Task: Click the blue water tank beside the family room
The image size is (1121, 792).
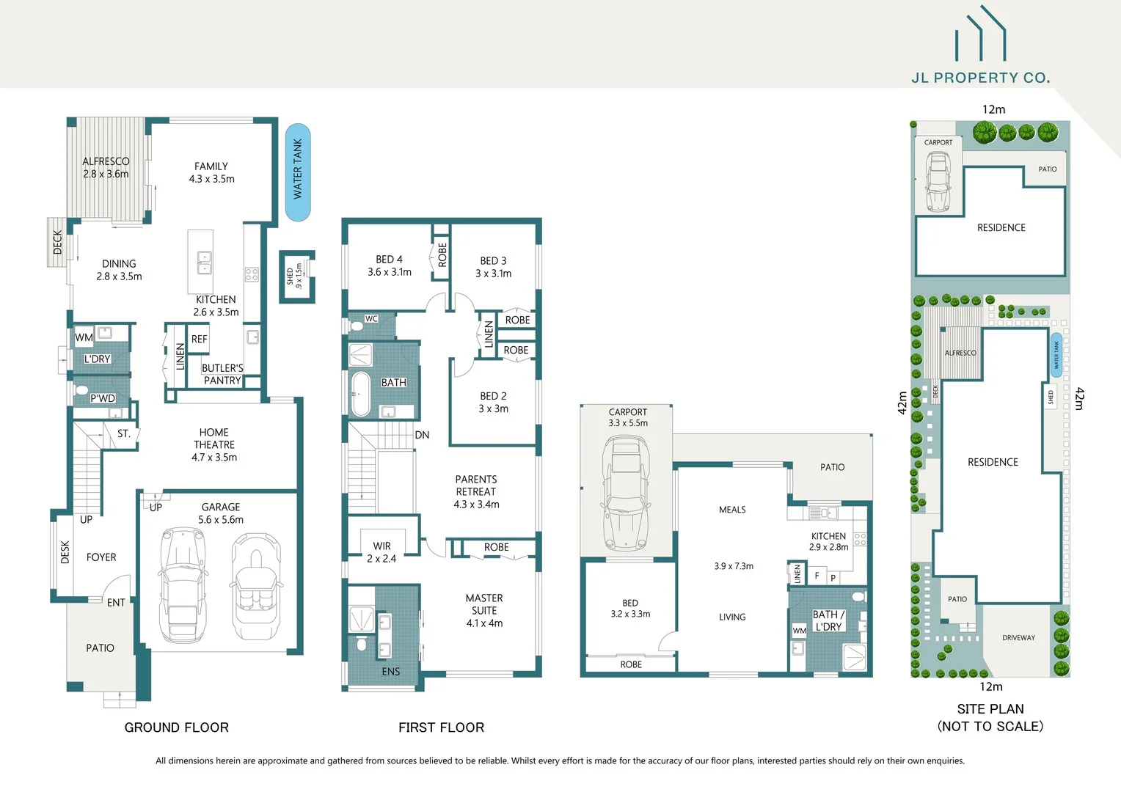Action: point(298,172)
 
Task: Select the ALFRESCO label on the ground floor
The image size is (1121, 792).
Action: point(106,161)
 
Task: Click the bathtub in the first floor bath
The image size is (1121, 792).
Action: point(360,394)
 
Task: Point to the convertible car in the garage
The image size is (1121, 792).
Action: point(256,587)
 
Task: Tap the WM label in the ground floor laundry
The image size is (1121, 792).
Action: point(84,337)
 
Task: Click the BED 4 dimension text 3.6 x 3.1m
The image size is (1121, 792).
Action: point(390,272)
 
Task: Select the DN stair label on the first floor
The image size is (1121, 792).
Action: point(422,435)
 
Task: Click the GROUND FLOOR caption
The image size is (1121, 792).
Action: point(177,727)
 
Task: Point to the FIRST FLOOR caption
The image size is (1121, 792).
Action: point(441,727)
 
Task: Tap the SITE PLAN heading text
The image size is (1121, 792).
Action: point(990,709)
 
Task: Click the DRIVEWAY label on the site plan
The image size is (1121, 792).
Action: point(1018,638)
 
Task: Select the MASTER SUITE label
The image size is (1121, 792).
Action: point(484,604)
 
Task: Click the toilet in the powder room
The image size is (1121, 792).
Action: point(81,390)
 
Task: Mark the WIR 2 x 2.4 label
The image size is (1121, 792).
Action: point(381,552)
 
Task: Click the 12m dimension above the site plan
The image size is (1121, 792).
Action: point(993,109)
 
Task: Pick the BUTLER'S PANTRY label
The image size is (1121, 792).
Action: point(222,374)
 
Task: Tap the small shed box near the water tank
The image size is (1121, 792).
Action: point(297,276)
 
